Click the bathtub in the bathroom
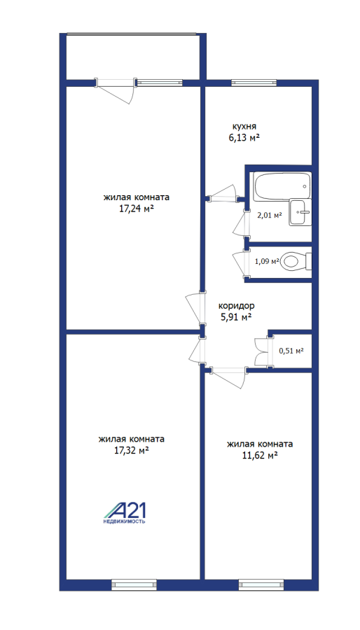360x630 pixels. click(x=282, y=186)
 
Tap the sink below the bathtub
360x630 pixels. click(x=300, y=212)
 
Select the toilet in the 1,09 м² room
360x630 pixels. click(x=296, y=261)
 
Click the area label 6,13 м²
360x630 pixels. click(x=242, y=137)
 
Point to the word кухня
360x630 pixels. click(x=242, y=127)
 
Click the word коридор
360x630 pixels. click(x=236, y=306)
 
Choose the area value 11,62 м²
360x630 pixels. click(x=261, y=456)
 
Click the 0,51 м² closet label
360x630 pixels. click(x=291, y=351)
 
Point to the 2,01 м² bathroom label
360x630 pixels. click(x=269, y=215)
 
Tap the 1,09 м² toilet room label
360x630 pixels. click(x=267, y=261)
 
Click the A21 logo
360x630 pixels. click(x=125, y=510)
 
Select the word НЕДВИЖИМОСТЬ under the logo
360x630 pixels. click(x=125, y=521)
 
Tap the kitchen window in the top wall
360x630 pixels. click(x=254, y=83)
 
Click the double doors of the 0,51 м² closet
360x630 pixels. click(x=261, y=351)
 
